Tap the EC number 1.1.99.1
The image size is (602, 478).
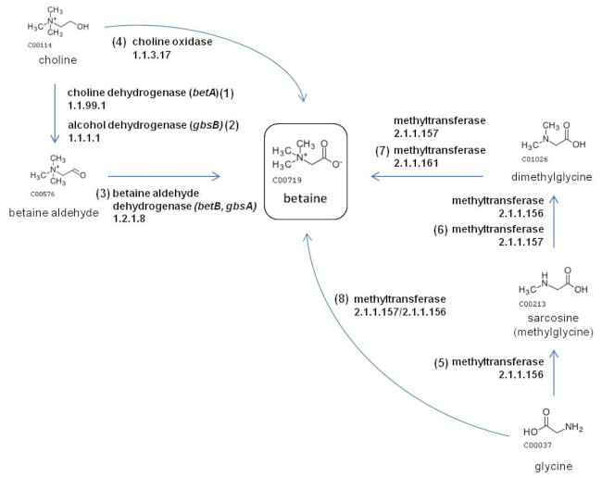pyautogui.click(x=88, y=107)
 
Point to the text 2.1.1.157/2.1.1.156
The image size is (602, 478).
pyautogui.click(x=405, y=313)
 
